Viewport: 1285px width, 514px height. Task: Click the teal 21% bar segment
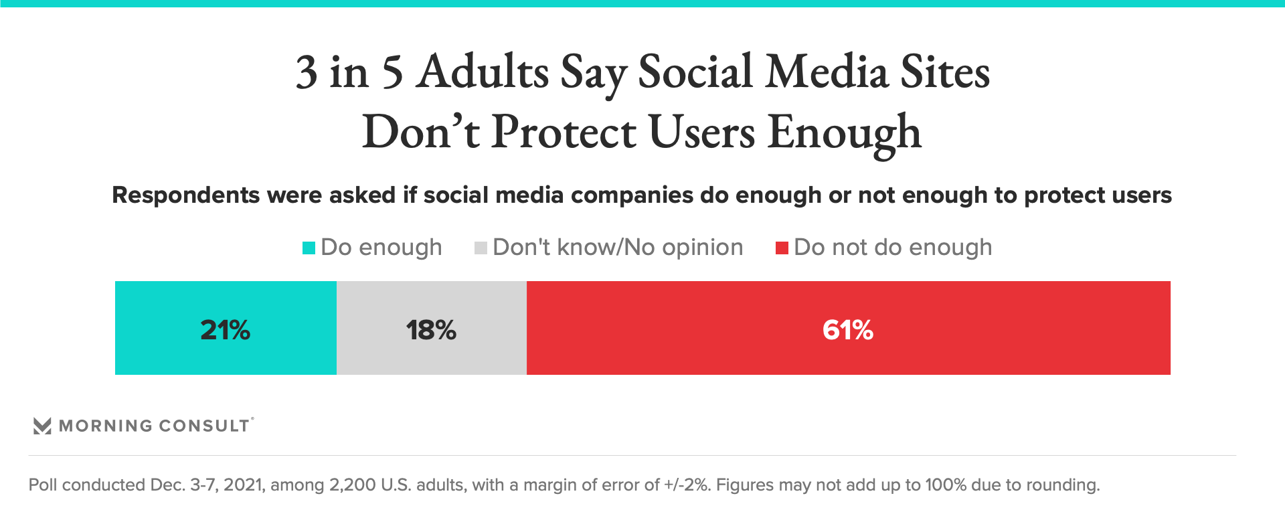[x=226, y=328]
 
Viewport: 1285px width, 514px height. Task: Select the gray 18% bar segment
[x=432, y=328]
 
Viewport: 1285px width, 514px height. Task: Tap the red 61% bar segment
[x=848, y=328]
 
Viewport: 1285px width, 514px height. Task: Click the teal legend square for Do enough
[x=309, y=248]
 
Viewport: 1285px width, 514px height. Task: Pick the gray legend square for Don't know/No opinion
[x=481, y=248]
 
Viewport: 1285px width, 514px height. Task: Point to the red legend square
[x=782, y=248]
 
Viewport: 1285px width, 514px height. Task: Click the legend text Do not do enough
[x=893, y=248]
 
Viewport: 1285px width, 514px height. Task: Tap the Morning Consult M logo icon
[x=42, y=426]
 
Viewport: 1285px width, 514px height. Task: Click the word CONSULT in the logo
[x=204, y=426]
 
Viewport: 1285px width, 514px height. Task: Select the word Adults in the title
[x=482, y=72]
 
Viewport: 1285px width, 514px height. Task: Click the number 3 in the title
[x=307, y=72]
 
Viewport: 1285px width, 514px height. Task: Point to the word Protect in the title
[x=564, y=132]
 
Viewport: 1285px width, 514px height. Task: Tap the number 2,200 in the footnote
[x=352, y=485]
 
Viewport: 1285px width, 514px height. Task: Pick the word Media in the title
[x=827, y=72]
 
